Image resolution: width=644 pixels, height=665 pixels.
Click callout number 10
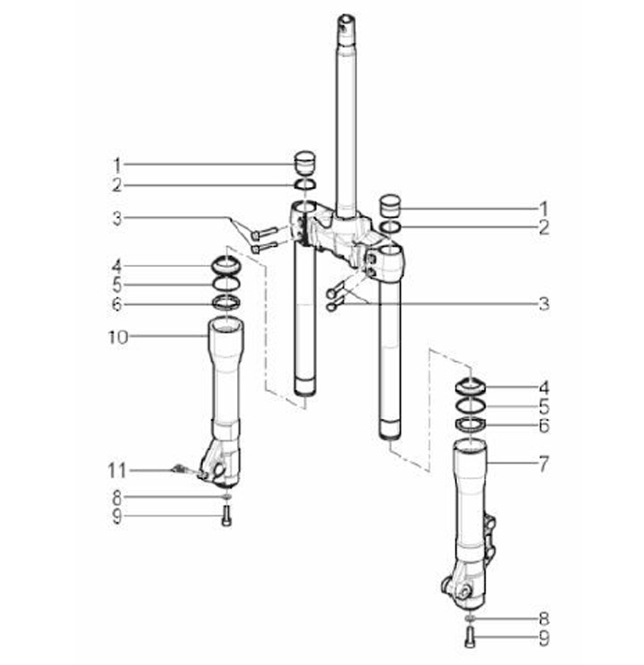coord(118,337)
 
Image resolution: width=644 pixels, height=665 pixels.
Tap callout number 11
coord(117,471)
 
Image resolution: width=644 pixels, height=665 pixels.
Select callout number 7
coord(544,464)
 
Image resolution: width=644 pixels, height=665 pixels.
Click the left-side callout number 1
coord(117,166)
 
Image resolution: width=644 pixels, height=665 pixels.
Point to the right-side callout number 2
coord(544,228)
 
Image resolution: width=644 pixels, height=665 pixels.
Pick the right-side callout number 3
coord(544,303)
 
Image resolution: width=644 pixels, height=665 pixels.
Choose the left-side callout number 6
coord(117,304)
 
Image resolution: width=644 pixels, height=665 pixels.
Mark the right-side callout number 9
coord(544,637)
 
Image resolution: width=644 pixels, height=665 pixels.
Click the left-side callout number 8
coord(117,496)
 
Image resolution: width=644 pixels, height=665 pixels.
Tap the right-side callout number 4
coord(544,388)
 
